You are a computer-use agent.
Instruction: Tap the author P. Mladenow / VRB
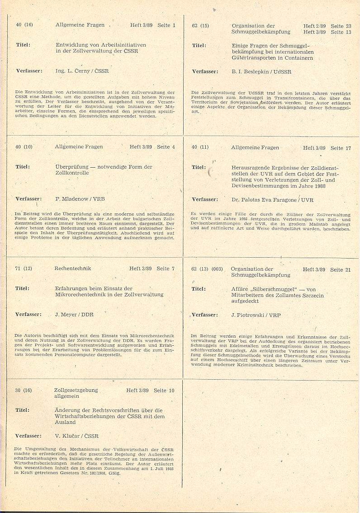tap(77, 199)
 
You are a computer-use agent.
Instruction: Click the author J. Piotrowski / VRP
tap(256, 315)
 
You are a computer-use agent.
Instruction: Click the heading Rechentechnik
tap(72, 268)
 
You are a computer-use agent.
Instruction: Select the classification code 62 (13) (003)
tap(207, 269)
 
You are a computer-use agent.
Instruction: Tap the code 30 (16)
tap(24, 390)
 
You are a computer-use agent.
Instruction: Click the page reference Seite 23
tap(341, 26)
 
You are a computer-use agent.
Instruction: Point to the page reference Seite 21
tap(341, 270)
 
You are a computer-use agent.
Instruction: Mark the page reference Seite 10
tap(165, 390)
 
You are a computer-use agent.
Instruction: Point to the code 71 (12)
tap(24, 268)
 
